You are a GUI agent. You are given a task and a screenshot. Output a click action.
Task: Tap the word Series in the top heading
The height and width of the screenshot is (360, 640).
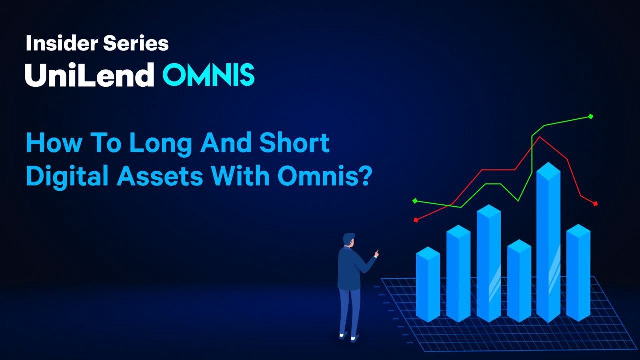tap(136, 43)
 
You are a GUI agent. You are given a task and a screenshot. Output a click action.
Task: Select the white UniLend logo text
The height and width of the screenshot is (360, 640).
tap(89, 75)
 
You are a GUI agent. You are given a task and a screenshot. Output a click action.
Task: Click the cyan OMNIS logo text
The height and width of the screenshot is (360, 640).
tap(208, 75)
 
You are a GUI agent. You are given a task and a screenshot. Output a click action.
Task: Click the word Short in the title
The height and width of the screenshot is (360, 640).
tap(294, 143)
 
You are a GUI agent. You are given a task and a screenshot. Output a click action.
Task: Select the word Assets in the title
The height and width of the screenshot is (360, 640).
tap(160, 176)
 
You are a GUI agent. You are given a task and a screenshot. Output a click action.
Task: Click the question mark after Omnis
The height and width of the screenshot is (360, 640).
tap(365, 175)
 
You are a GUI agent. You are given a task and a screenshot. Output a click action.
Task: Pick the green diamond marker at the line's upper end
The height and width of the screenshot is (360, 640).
tap(591, 116)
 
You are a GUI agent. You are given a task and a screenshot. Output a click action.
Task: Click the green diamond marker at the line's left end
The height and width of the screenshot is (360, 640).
tap(415, 201)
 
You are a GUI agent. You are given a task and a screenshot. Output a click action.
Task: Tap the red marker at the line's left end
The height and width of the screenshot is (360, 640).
tap(416, 220)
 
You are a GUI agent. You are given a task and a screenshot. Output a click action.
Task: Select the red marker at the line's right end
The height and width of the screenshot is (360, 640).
tap(595, 204)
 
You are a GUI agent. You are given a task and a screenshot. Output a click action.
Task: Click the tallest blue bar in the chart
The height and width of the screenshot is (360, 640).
tap(548, 242)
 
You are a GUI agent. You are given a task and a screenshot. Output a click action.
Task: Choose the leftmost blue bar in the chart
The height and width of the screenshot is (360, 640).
tap(428, 284)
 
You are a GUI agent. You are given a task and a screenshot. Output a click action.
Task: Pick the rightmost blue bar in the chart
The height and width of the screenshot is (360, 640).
tap(578, 273)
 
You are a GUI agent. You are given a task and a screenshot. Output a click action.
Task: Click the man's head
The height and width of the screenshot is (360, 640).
tap(349, 240)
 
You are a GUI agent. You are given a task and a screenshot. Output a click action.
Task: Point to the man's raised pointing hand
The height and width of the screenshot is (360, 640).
tap(377, 253)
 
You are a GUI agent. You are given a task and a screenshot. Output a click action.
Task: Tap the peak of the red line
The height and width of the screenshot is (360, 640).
tap(539, 137)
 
